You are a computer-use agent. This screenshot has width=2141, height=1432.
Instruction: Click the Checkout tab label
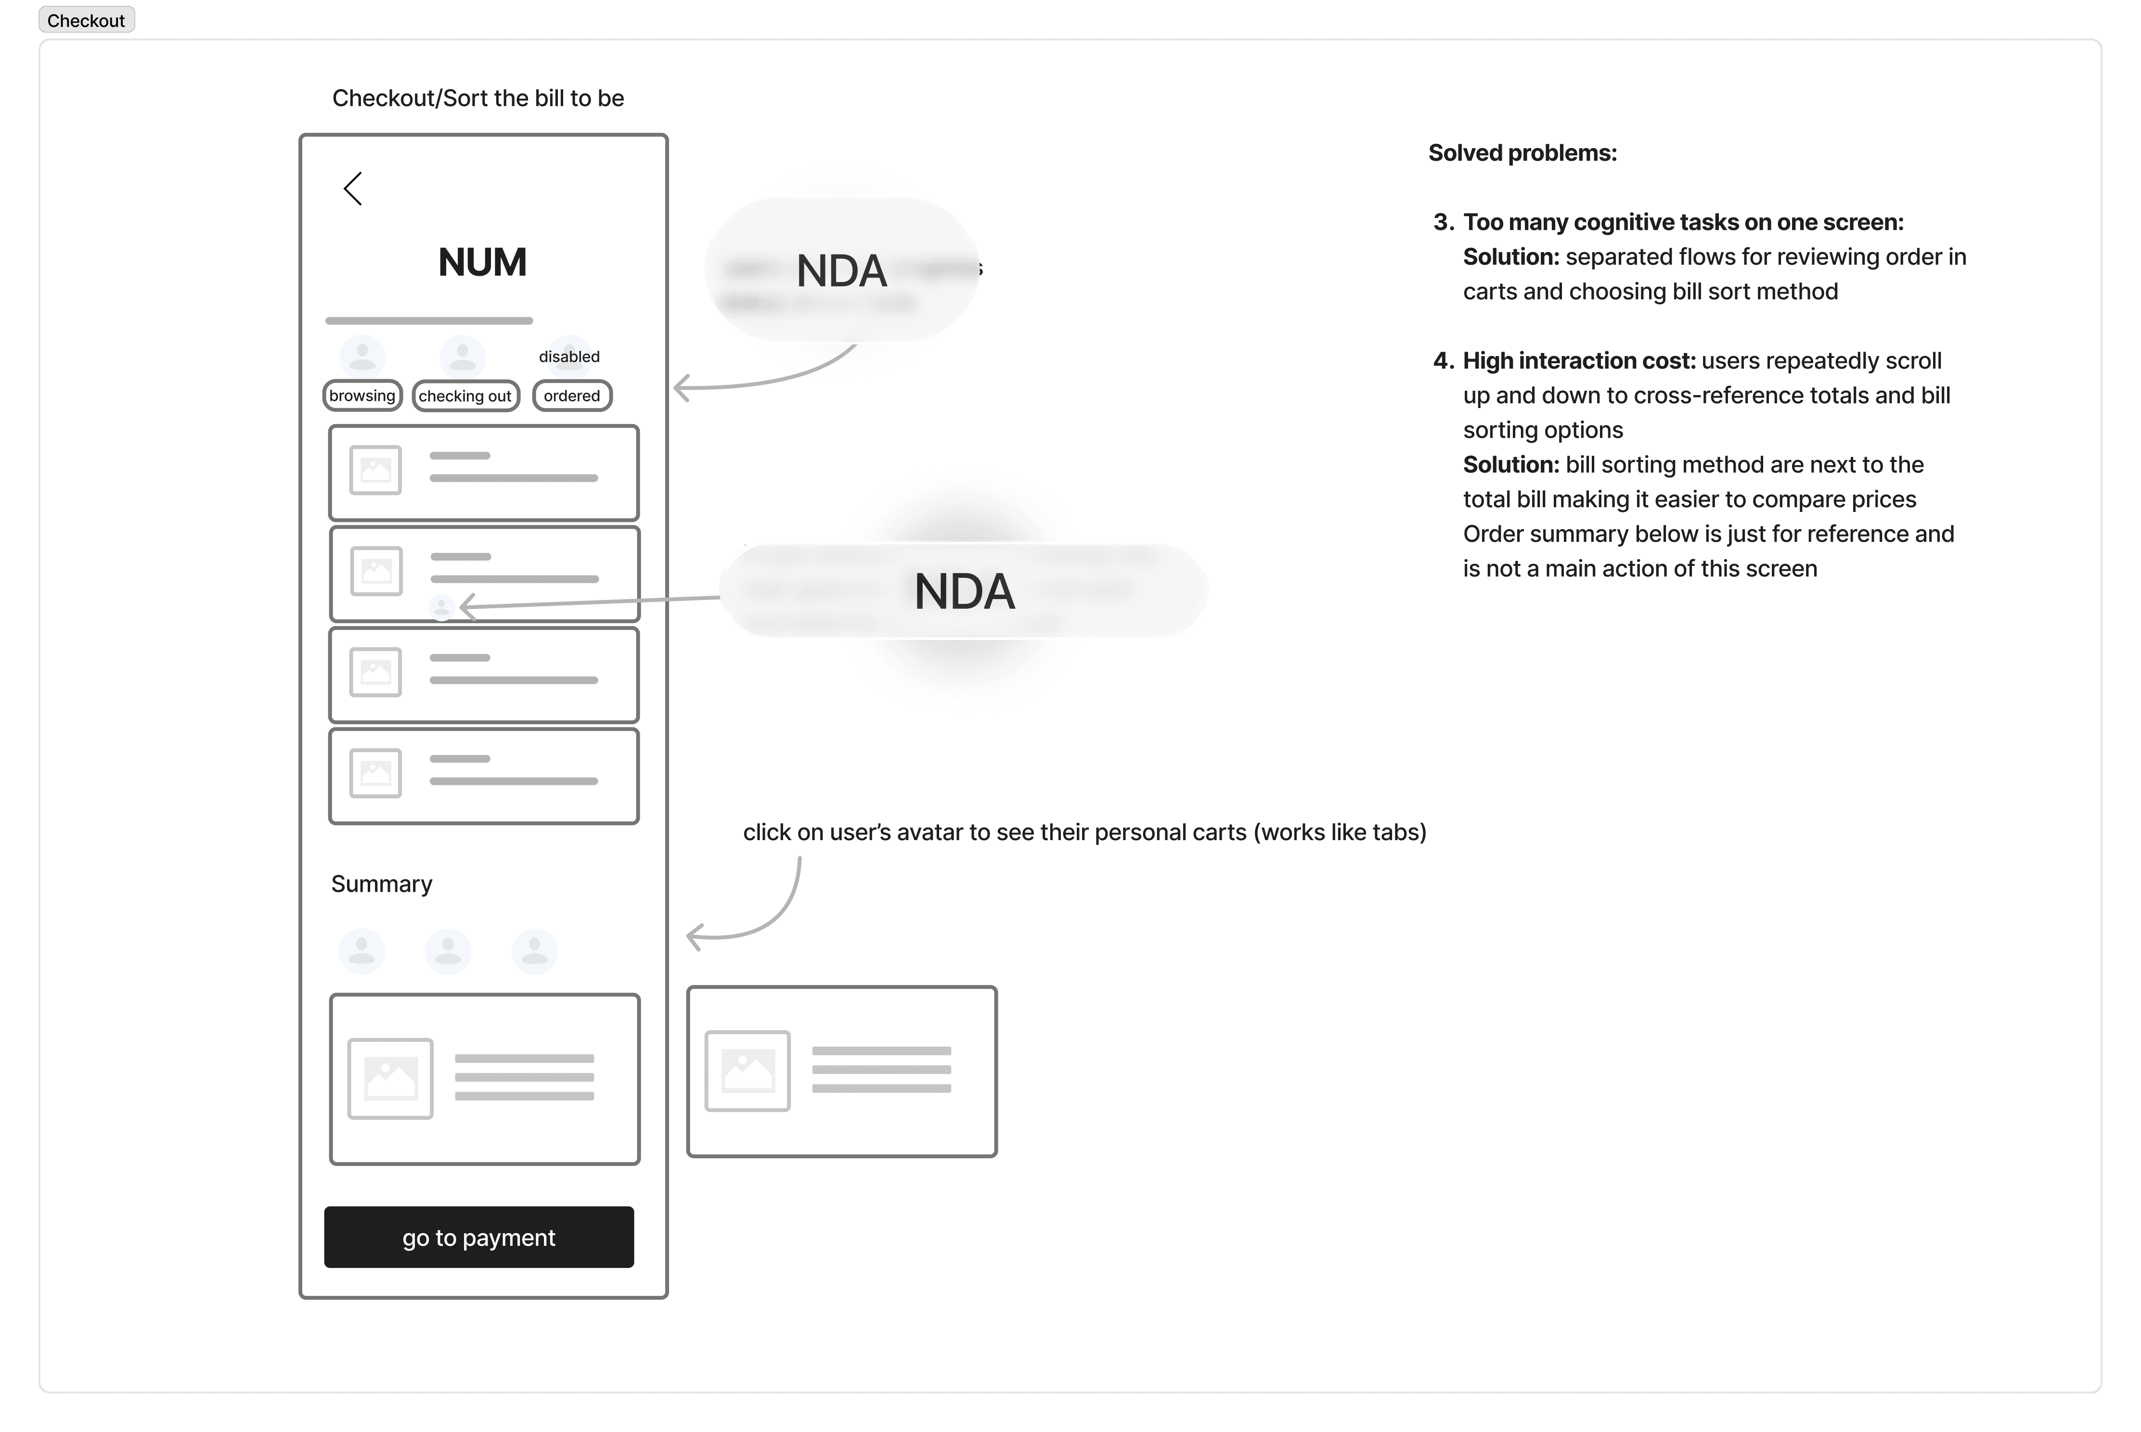[x=86, y=20]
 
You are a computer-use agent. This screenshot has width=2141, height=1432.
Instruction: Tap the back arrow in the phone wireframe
[x=353, y=189]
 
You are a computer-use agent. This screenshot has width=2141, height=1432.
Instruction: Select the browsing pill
[x=362, y=396]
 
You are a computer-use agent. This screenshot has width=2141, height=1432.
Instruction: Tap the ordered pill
[x=572, y=396]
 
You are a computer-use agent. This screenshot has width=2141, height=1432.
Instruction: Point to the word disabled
[x=569, y=356]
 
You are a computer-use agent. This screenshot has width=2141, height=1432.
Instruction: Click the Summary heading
[x=382, y=884]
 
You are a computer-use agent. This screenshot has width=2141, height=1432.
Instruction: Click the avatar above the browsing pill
[x=362, y=355]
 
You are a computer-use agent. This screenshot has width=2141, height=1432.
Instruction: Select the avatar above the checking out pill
[x=462, y=355]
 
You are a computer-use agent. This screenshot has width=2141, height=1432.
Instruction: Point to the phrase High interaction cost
[x=1578, y=361]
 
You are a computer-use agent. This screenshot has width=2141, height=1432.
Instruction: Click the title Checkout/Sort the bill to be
[x=477, y=98]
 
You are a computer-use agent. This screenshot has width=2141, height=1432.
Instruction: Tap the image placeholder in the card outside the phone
[x=747, y=1070]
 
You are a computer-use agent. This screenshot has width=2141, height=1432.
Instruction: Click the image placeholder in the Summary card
[x=390, y=1078]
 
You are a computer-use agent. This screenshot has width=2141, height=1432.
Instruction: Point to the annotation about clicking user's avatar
[x=1084, y=832]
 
